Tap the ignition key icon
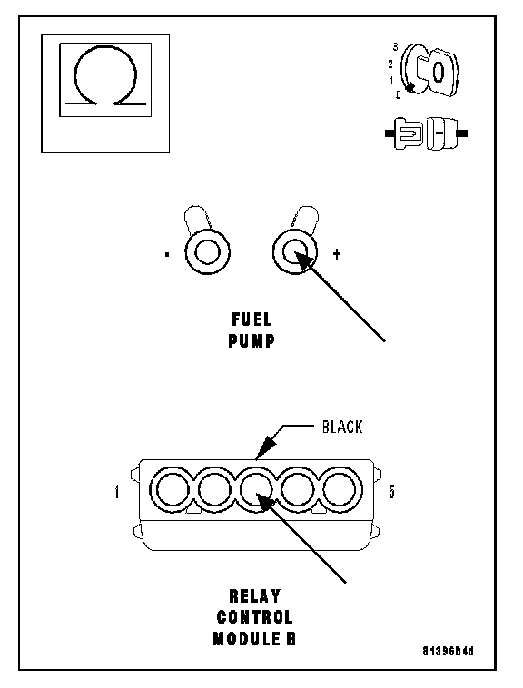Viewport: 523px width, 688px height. tap(430, 70)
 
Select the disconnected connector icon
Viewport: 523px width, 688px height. tap(426, 133)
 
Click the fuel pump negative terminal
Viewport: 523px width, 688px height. tap(208, 252)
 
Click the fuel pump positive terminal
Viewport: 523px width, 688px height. tap(295, 252)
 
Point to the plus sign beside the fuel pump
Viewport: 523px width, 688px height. tap(337, 253)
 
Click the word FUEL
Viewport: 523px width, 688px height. tap(252, 319)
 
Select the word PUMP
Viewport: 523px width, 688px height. tap(252, 340)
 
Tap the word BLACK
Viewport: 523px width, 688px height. tap(342, 427)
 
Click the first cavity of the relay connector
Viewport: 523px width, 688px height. tap(173, 489)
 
